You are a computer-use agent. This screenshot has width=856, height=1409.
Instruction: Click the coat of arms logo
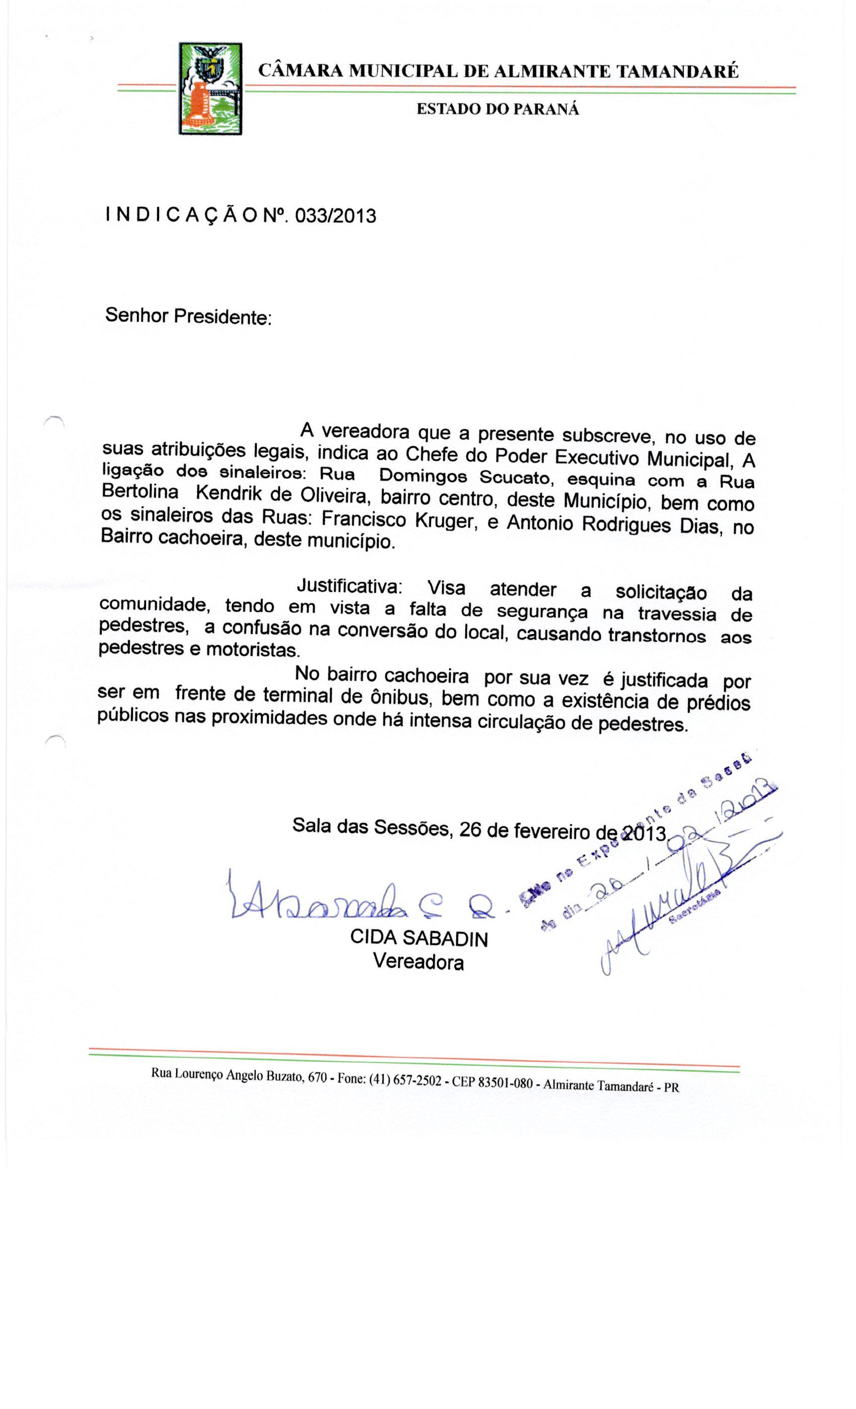[210, 89]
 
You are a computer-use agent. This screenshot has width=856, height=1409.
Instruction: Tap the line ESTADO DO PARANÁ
[497, 109]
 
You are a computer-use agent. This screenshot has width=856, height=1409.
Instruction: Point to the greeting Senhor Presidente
[188, 316]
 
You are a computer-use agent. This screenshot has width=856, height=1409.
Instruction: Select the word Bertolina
[139, 492]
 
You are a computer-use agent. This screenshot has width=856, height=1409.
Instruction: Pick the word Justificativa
[349, 586]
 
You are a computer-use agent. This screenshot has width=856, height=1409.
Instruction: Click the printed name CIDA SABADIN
[418, 938]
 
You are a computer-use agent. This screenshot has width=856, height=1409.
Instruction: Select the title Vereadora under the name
[418, 962]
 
